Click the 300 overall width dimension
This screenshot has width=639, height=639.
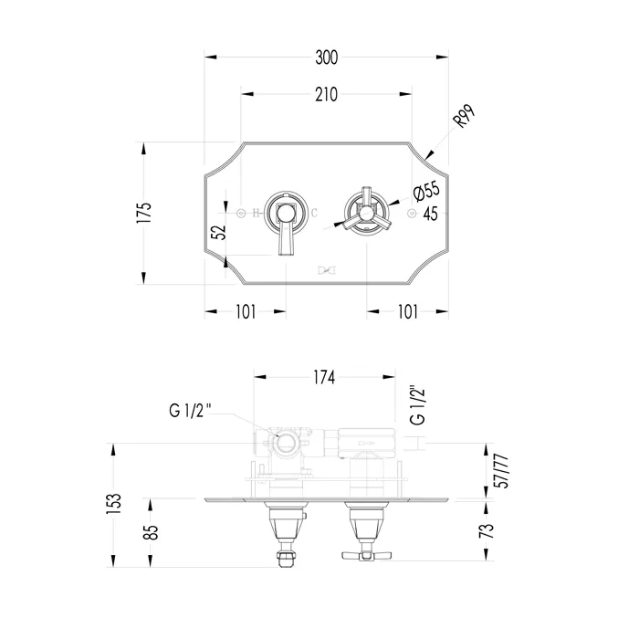(x=327, y=58)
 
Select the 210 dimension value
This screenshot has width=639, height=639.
(x=327, y=95)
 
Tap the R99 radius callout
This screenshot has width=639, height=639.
(x=465, y=116)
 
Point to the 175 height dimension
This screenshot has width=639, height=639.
(x=144, y=212)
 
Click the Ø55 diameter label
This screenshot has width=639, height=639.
(x=426, y=190)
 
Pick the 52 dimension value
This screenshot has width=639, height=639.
(x=219, y=232)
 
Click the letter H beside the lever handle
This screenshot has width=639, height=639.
(x=256, y=213)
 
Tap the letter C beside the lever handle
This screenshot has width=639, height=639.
(x=314, y=213)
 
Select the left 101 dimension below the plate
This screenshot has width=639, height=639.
(x=246, y=312)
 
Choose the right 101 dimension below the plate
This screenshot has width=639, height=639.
(x=407, y=312)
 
